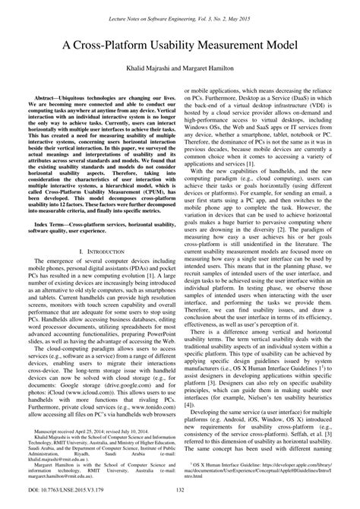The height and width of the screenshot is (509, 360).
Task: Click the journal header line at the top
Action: point(180,16)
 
